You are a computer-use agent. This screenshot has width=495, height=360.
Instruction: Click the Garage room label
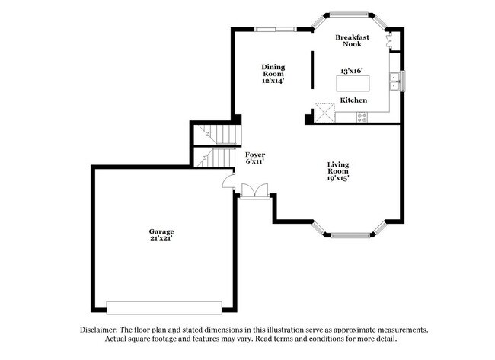(161, 231)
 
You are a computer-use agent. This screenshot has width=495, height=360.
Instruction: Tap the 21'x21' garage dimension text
(161, 239)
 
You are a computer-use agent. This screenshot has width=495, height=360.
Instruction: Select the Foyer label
(254, 154)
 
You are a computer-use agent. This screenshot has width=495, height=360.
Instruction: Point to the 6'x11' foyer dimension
(254, 161)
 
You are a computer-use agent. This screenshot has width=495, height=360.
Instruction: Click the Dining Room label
(273, 70)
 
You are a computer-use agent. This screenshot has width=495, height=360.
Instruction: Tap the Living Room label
(338, 168)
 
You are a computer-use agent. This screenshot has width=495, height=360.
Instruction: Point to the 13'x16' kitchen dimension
(353, 71)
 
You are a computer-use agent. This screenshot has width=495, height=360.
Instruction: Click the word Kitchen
(353, 100)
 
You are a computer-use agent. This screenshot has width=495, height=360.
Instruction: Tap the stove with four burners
(362, 116)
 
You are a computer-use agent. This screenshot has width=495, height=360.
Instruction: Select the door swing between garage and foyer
(227, 180)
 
